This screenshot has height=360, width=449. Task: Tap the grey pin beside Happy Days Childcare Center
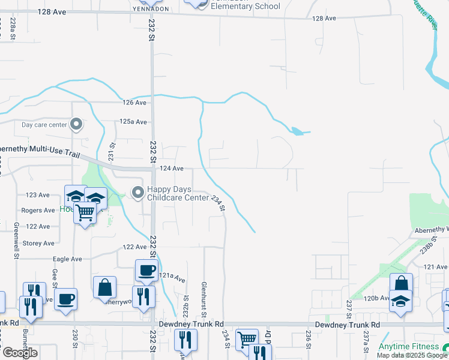coord(137,193)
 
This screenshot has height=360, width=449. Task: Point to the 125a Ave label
coord(133,122)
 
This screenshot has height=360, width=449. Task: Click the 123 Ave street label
coord(38,195)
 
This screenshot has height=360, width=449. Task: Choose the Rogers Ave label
coord(38,211)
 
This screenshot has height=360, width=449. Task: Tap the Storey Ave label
coord(38,243)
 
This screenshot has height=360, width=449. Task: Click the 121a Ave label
coord(172,277)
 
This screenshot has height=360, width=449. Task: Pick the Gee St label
coord(55,280)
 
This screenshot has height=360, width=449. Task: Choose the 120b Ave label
coord(377,298)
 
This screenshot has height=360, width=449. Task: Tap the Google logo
coord(19,353)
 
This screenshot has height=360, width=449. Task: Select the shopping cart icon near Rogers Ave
coord(85,212)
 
